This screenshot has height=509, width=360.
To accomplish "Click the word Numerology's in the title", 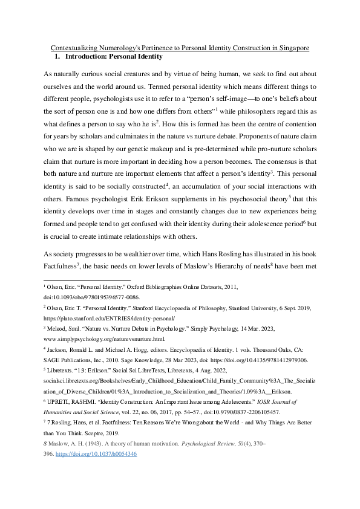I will click(135, 48).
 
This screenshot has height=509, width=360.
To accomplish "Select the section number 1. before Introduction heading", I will click(58, 57).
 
